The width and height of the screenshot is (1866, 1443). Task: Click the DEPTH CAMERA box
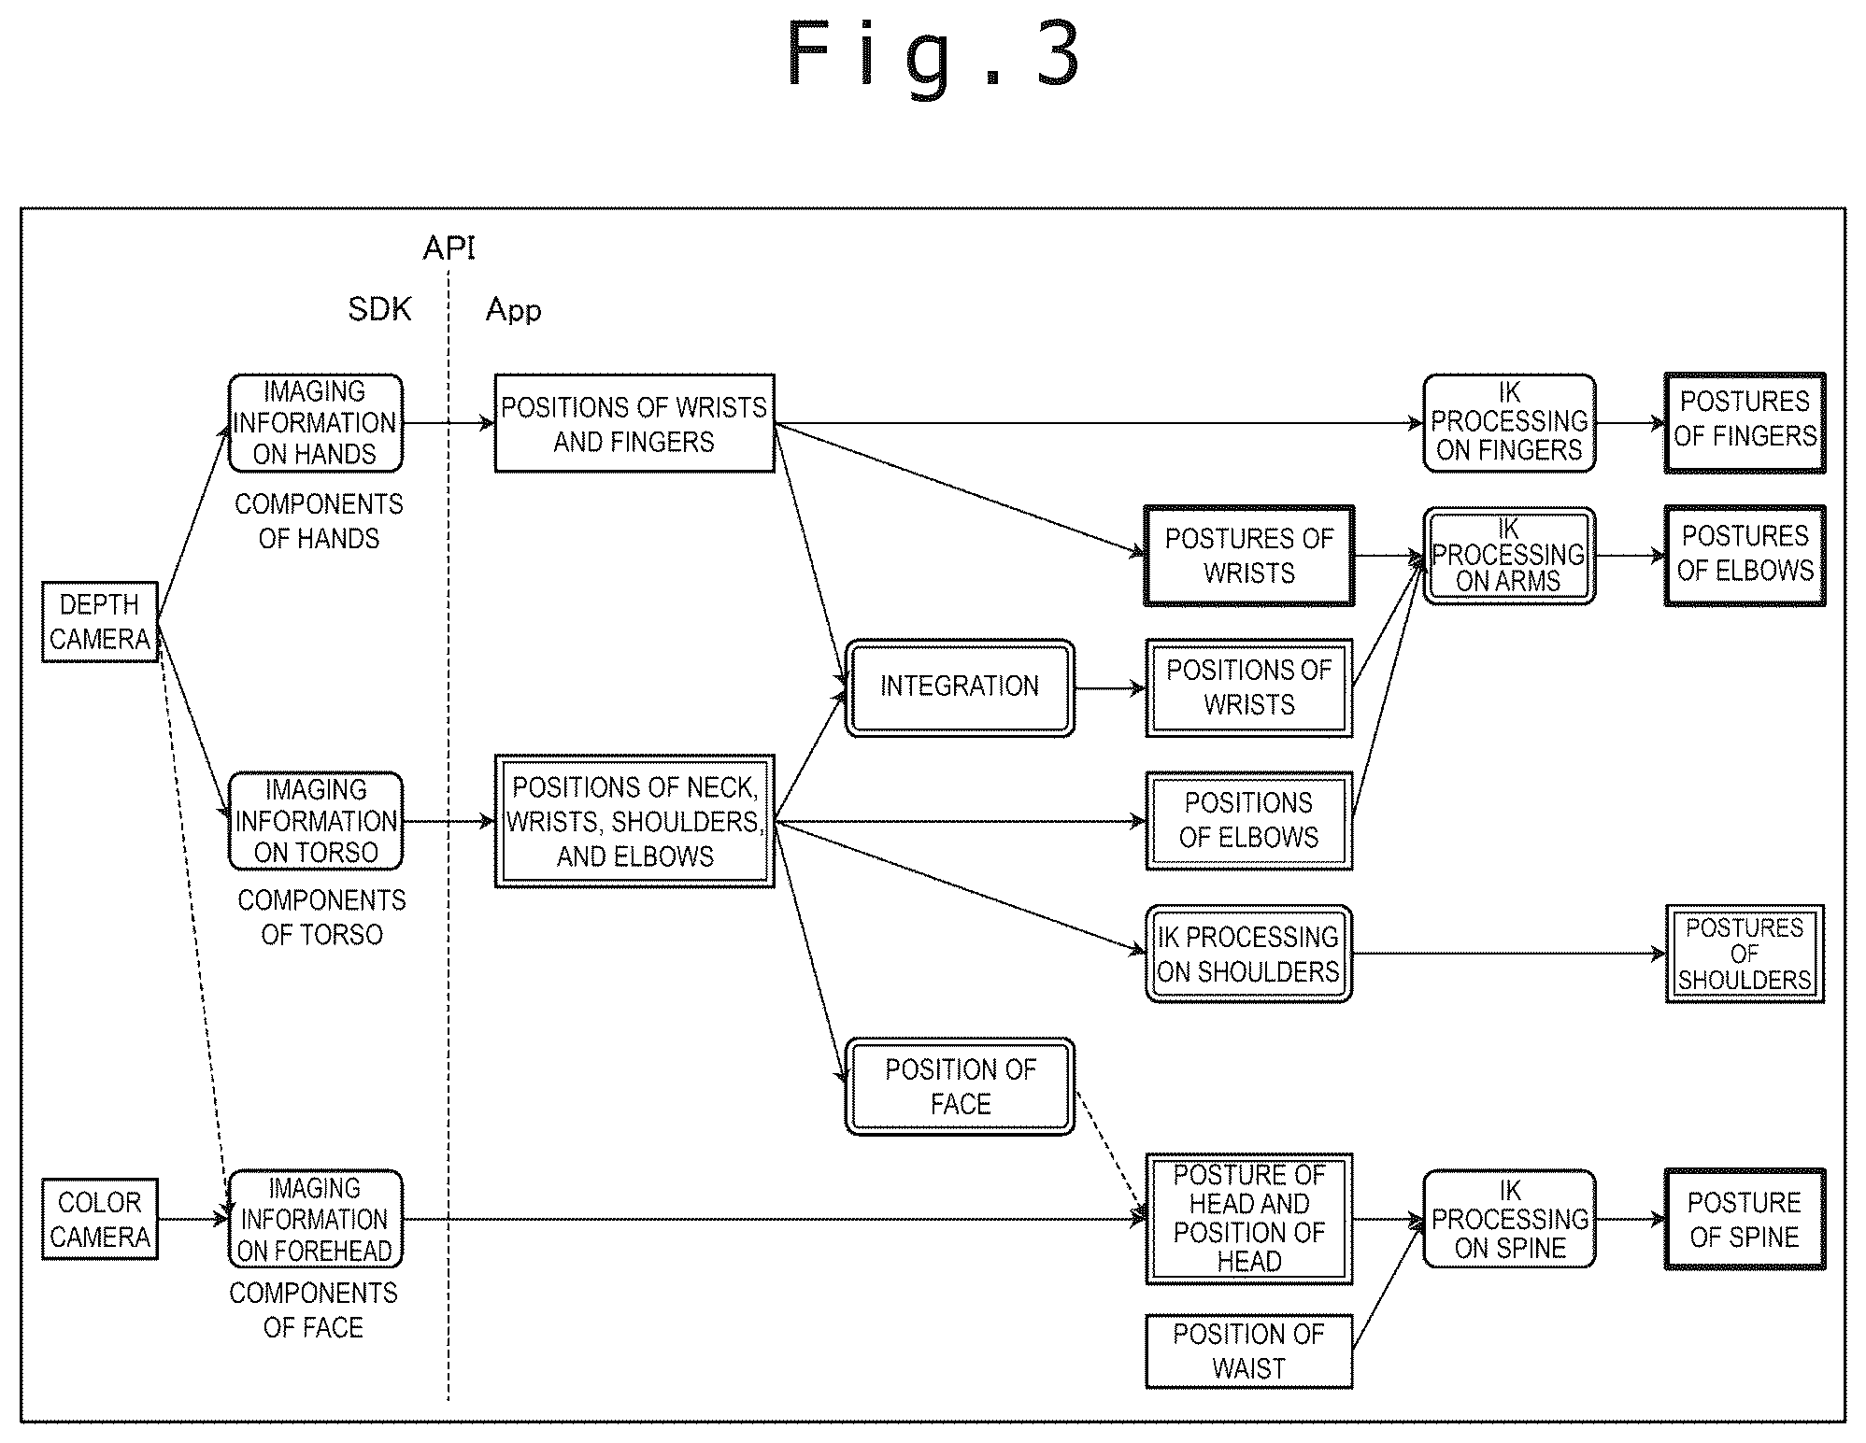(100, 621)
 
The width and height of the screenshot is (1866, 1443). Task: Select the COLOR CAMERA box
(100, 1219)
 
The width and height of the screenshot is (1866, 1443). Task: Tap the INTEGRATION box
(960, 687)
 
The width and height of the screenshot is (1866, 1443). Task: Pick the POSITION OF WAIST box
(1249, 1351)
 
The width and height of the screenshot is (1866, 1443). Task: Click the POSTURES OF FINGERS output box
(1745, 422)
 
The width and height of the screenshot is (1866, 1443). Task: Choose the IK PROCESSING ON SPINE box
(1509, 1219)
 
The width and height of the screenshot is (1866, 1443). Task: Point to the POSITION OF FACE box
(960, 1086)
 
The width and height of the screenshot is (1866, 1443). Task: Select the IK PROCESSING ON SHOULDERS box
(1249, 954)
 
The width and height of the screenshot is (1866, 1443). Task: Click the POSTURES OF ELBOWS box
(1745, 556)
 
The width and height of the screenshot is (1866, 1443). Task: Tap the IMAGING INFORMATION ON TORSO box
(316, 821)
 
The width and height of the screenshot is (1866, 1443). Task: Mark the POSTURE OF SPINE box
(1745, 1219)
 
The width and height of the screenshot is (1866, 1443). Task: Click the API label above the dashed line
(449, 248)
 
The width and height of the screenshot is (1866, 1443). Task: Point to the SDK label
(379, 309)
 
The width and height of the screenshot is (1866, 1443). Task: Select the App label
(513, 310)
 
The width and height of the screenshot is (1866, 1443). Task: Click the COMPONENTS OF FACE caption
(314, 1310)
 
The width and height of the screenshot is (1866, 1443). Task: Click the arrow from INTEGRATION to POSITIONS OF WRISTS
(1110, 688)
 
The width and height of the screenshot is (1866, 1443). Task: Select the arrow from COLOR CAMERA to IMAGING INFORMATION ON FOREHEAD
(193, 1219)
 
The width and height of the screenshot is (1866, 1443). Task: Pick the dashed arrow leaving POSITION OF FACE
(1111, 1157)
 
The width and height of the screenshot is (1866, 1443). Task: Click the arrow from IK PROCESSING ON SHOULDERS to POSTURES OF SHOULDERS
(1509, 954)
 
